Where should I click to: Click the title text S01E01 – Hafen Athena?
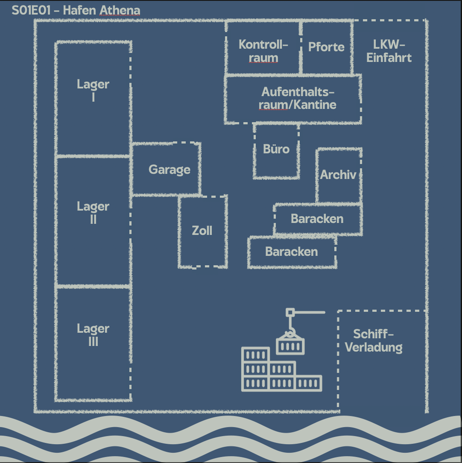76,10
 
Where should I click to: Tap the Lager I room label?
93,90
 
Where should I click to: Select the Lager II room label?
93,212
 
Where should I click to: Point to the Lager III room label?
93,334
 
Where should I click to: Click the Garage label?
170,170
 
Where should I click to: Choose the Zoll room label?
202,231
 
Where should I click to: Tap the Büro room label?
276,149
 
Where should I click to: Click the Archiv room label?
338,174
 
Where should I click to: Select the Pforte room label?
326,47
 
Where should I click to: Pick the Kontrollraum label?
263,51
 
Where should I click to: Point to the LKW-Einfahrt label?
389,51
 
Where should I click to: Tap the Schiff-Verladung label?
374,340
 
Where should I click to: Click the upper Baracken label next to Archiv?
317,219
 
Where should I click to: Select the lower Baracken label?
292,251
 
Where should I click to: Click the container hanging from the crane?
290,345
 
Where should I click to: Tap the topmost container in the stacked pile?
255,355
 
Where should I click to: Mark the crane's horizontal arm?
310,312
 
